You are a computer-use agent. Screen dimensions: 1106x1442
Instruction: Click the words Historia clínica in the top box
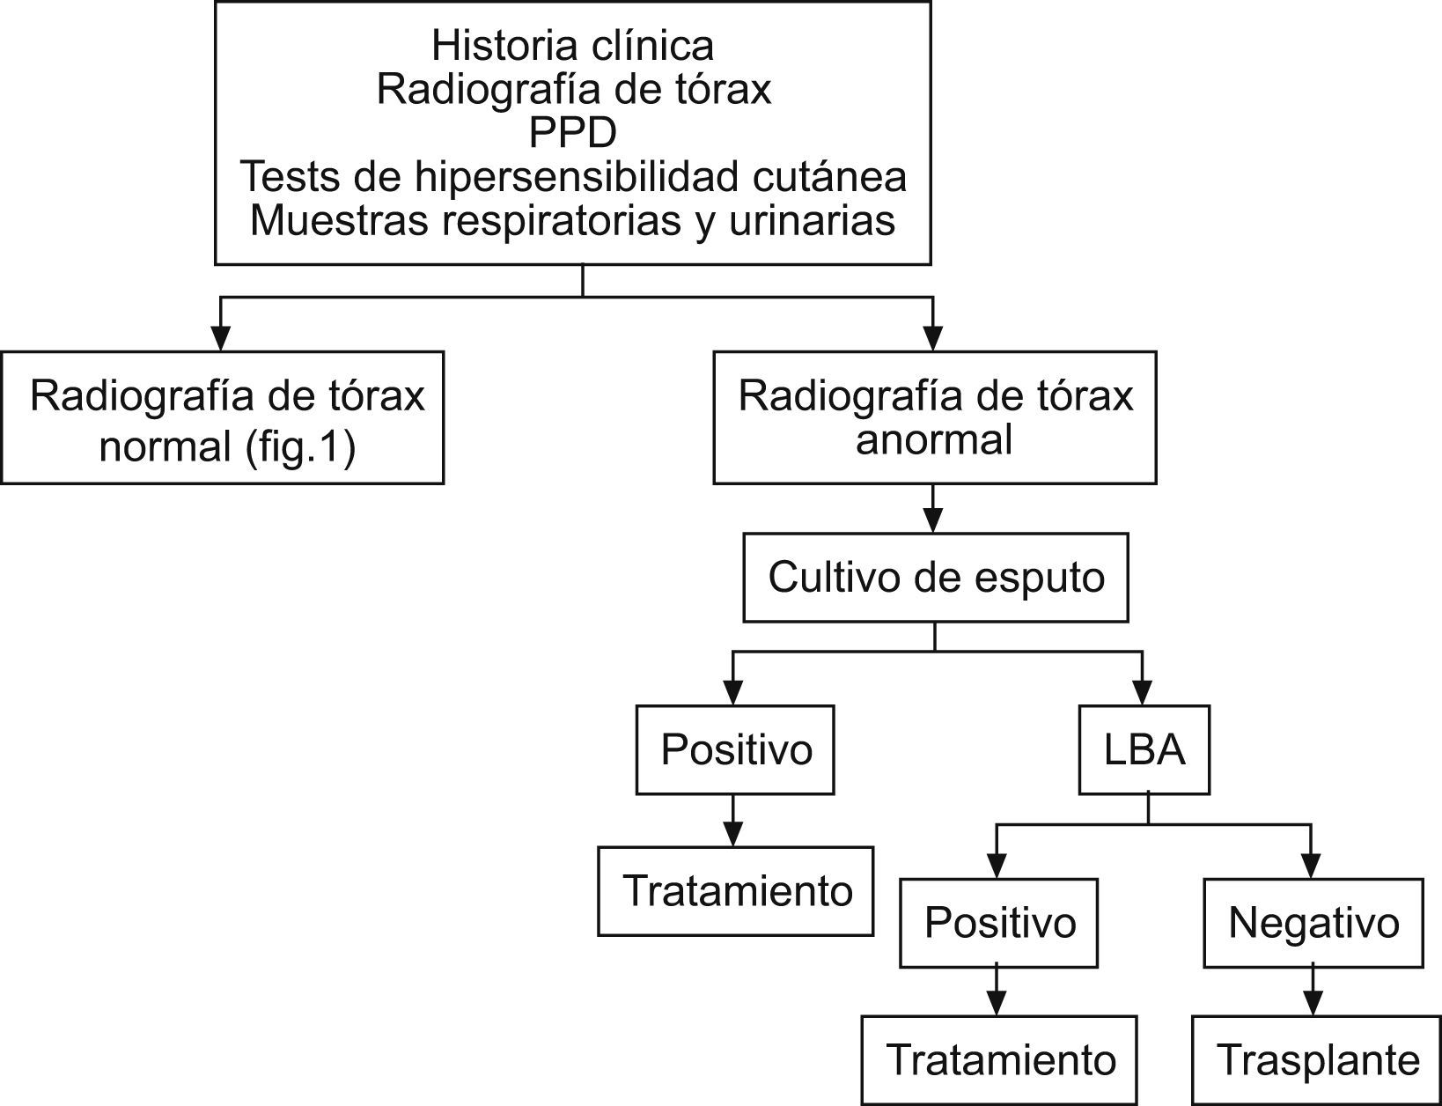pyautogui.click(x=572, y=45)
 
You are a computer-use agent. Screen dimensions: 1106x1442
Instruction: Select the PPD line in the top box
pyautogui.click(x=572, y=133)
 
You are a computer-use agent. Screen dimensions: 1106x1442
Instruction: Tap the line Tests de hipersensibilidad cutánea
pyautogui.click(x=572, y=177)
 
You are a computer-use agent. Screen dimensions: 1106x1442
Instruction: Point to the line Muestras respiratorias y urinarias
pyautogui.click(x=572, y=220)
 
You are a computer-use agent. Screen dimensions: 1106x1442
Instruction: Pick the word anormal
pyautogui.click(x=934, y=439)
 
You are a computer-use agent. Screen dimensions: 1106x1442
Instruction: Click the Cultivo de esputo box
pyautogui.click(x=935, y=578)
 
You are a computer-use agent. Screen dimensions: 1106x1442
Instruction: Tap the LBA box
pyautogui.click(x=1144, y=749)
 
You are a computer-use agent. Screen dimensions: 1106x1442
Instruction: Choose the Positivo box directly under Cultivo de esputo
pyautogui.click(x=735, y=749)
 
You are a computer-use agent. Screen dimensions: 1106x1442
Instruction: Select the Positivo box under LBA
pyautogui.click(x=999, y=923)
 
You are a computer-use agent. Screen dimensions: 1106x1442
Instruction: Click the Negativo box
pyautogui.click(x=1313, y=923)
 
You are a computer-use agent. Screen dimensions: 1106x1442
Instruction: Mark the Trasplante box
pyautogui.click(x=1317, y=1060)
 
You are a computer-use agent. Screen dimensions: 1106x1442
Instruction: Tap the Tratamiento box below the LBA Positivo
pyautogui.click(x=999, y=1060)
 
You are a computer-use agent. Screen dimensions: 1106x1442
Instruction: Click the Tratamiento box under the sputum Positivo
pyautogui.click(x=736, y=891)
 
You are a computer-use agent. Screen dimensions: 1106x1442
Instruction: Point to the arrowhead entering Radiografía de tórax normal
pyautogui.click(x=221, y=338)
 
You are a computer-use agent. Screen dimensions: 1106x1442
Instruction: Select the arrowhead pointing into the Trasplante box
pyautogui.click(x=1313, y=1004)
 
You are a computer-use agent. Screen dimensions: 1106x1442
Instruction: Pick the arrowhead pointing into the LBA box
pyautogui.click(x=1143, y=693)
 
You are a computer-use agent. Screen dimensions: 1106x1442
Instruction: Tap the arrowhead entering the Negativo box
pyautogui.click(x=1312, y=866)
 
